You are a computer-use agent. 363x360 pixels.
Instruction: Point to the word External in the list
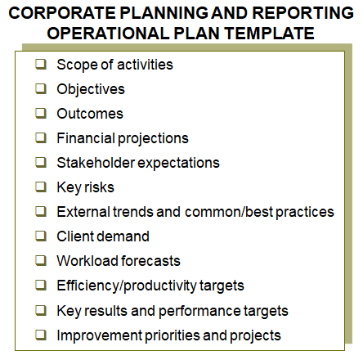(80, 212)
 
